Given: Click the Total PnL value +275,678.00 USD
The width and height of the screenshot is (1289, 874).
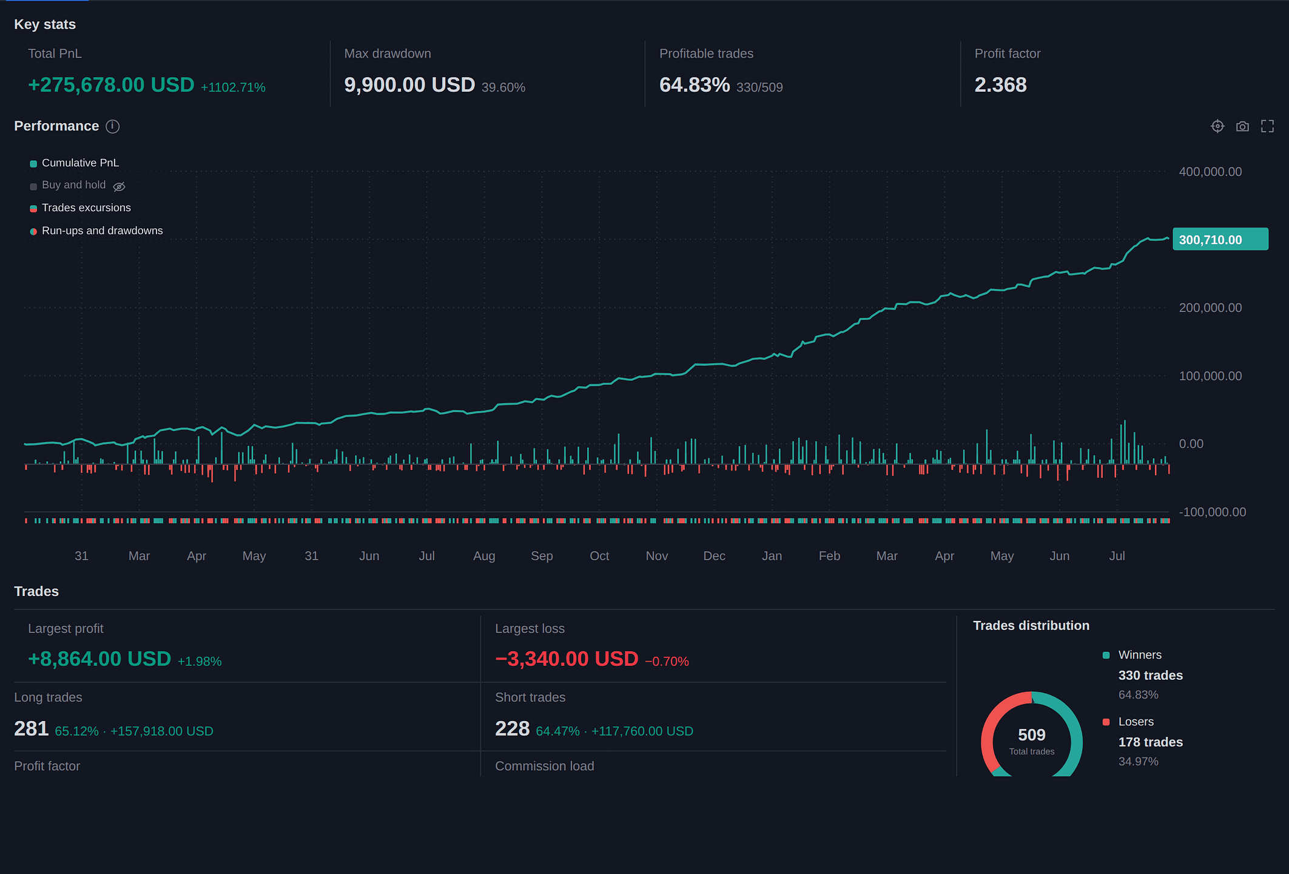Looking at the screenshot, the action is (x=111, y=85).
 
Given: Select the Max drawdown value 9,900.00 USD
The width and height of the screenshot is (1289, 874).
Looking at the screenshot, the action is (x=409, y=85).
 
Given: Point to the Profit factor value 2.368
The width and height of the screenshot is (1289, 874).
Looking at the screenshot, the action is (x=1000, y=85).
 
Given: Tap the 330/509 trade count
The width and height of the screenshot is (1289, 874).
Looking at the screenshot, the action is (x=759, y=87).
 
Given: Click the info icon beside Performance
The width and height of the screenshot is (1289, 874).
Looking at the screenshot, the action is (x=113, y=126).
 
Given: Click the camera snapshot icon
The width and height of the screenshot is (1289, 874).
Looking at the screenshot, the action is (x=1242, y=126).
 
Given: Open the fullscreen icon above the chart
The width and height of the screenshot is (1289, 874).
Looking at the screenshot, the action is (x=1267, y=126).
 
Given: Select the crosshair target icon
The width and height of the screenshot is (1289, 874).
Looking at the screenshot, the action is (x=1217, y=126).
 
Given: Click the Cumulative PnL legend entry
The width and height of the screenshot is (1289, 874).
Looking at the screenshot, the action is (x=75, y=163).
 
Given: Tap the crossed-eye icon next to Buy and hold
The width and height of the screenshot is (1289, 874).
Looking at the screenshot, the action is (x=119, y=186).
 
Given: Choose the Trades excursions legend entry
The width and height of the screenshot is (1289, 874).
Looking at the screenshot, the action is (x=81, y=208).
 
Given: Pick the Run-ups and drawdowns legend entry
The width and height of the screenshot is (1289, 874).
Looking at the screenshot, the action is (x=96, y=231).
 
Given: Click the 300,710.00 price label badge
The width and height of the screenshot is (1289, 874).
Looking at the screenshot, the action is (x=1220, y=239).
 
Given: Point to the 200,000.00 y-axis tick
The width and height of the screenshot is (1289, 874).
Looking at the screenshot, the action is (x=1210, y=308).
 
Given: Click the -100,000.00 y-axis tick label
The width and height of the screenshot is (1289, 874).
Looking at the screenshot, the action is (x=1212, y=512).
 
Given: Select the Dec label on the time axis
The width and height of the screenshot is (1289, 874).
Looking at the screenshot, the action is (x=714, y=556).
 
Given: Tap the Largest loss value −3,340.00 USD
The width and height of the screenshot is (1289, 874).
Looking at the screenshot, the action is (x=567, y=659).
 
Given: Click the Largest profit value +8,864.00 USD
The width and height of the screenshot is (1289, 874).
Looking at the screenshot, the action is (x=99, y=659).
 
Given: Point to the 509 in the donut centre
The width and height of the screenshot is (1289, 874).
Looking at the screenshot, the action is (x=1031, y=735).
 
